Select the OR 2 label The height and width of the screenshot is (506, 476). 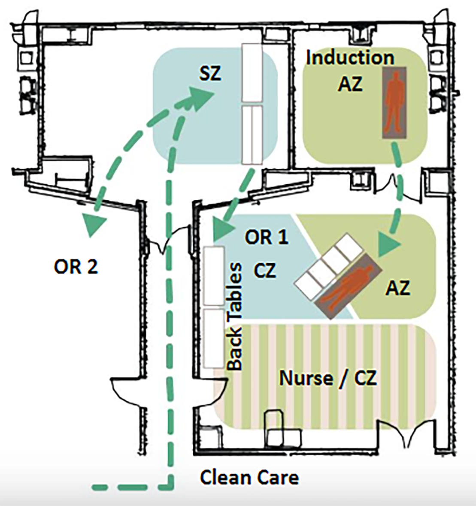(76, 267)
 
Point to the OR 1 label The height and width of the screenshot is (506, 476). (266, 237)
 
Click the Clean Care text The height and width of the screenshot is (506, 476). (249, 477)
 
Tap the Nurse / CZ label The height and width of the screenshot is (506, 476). (328, 378)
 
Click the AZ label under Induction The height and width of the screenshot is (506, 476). (350, 84)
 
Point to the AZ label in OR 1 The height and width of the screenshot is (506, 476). (398, 288)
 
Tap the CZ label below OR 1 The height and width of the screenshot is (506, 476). (265, 271)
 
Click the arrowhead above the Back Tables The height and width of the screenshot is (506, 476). (221, 230)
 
